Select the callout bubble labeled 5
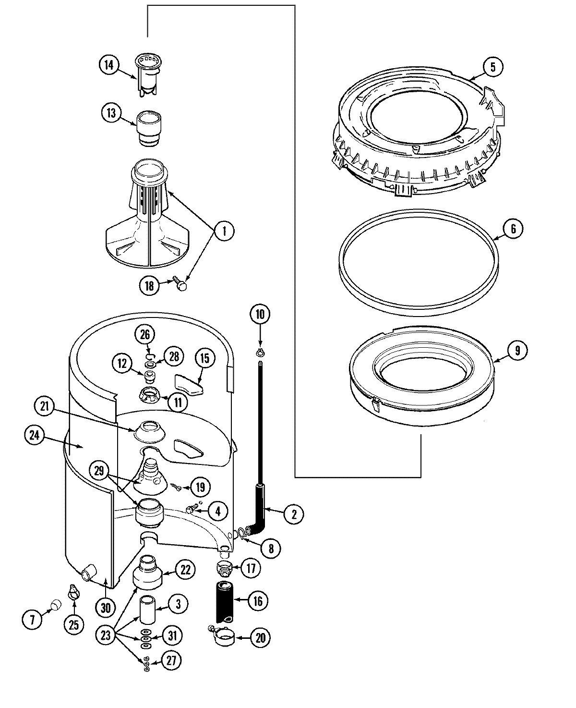tap(493, 67)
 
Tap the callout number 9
tap(517, 350)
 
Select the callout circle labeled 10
tap(260, 315)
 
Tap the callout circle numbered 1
tap(223, 232)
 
